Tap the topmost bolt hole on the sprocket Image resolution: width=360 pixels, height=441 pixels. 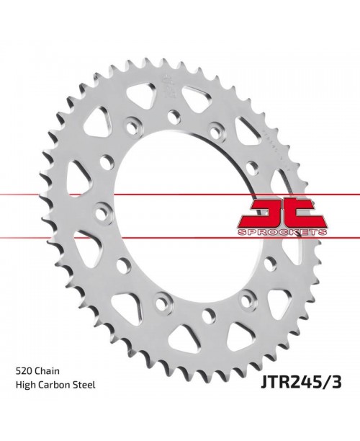coord(174,115)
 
